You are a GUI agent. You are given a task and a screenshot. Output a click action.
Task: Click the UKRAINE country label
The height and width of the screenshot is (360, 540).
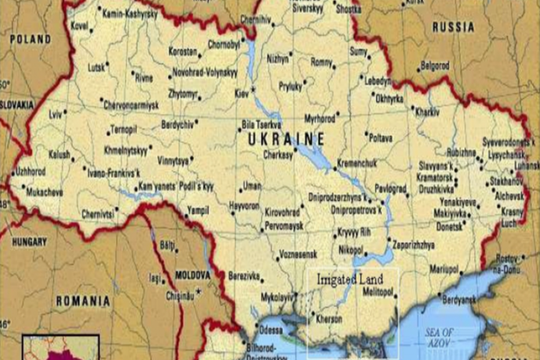285,139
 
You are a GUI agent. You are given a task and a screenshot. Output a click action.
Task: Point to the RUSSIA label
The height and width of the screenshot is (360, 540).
453,27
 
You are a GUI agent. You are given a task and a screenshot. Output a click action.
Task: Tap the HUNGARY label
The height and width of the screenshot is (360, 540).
30,242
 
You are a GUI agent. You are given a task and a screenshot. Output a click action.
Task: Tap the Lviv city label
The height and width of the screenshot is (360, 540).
58,114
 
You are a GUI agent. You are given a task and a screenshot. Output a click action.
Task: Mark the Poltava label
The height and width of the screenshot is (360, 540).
381,138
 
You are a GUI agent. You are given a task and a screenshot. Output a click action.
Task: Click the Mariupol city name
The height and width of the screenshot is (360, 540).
443,268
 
